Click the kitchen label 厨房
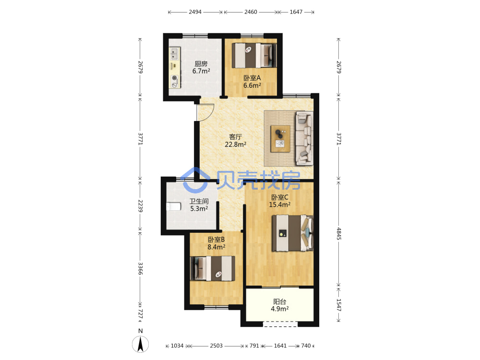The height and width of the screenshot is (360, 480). coord(201,64)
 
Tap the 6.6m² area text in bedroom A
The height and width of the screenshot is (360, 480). coord(252,85)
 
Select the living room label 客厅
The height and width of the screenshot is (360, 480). coord(235,136)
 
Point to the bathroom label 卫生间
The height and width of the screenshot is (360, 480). coord(199,201)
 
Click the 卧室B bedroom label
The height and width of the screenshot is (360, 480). coord(216,240)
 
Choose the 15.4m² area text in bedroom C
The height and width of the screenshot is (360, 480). coord(280,204)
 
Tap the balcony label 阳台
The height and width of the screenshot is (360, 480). coord(279,301)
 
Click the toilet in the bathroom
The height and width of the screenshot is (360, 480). coord(174,206)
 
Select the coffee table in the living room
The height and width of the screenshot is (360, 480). coord(280,139)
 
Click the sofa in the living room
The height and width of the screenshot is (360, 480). coord(304,138)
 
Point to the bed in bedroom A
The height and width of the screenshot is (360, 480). coord(254,55)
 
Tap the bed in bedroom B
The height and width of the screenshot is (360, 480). coord(213,268)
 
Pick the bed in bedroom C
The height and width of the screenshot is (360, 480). coord(293,233)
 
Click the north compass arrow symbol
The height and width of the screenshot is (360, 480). coord(141,344)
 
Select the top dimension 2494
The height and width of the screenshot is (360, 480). coord(195,12)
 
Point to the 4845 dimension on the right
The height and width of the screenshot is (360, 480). coord(338,234)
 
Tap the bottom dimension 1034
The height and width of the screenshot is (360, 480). coord(177,346)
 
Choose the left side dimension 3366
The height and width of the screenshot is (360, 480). coord(140,268)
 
